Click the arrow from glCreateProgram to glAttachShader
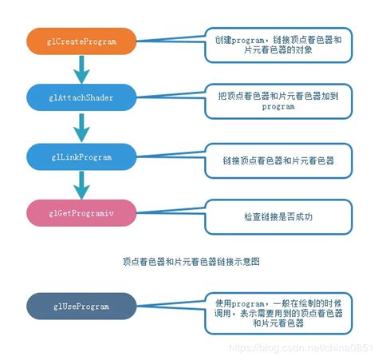(x=80, y=69)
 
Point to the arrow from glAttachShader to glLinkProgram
(x=80, y=126)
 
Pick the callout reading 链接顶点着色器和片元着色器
(x=278, y=160)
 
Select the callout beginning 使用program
(x=278, y=313)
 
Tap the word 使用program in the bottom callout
(x=236, y=303)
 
